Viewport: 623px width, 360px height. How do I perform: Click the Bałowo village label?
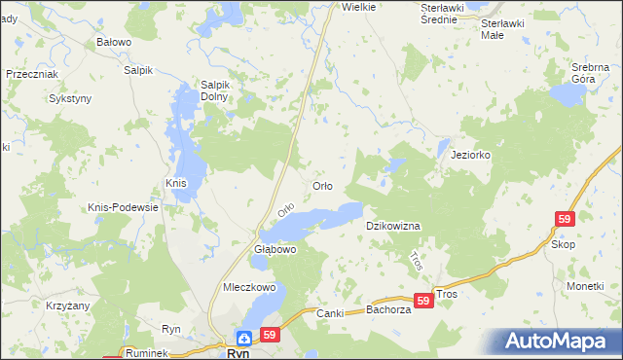coord(114,43)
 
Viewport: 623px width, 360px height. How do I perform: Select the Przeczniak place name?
coord(33,74)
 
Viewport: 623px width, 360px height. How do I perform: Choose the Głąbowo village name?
coord(275,250)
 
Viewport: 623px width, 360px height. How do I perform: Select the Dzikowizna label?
coord(392,226)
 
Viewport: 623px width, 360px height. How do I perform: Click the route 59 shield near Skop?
coord(566,220)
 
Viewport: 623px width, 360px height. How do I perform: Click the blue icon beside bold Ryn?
coord(244,339)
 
